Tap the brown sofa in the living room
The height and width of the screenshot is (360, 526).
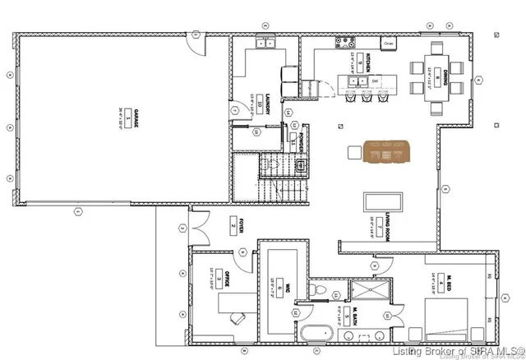[x=387, y=153]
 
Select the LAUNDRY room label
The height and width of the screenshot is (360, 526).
[x=256, y=102]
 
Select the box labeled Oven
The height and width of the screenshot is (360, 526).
[x=389, y=43]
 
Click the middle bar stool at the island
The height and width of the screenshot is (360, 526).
[x=367, y=98]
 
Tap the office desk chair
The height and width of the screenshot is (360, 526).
[x=237, y=316]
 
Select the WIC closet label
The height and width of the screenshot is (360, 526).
[x=279, y=287]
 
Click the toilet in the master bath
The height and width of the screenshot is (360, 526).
[x=321, y=290]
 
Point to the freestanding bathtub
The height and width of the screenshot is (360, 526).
[x=316, y=333]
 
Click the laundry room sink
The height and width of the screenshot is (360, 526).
[x=266, y=44]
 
